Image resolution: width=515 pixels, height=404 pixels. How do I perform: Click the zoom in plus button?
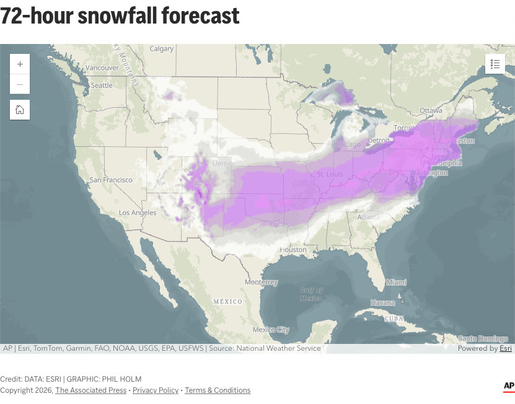20,64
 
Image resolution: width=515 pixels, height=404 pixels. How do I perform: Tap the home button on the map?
20,110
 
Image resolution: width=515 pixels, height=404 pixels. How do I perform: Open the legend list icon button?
495,64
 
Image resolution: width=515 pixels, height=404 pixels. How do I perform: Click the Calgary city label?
162,49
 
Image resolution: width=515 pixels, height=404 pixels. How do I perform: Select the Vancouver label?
102,68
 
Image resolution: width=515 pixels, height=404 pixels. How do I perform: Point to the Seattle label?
102,85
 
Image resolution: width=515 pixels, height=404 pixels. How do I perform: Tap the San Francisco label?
111,180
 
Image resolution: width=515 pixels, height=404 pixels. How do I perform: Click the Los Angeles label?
138,213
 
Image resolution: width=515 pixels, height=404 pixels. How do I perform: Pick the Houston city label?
293,250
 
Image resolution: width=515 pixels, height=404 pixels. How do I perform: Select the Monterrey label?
261,282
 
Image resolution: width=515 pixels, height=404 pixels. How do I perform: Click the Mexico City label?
271,330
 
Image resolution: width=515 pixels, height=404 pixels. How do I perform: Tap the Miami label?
397,282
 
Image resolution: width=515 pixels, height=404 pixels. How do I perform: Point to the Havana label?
383,302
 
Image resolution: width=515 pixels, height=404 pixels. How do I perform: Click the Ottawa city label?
431,110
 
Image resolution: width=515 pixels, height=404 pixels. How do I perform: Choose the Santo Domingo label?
483,338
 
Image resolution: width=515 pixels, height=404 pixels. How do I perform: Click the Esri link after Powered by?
506,348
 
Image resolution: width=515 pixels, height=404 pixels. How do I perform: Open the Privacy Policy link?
156,390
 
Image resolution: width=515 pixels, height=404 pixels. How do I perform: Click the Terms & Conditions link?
218,390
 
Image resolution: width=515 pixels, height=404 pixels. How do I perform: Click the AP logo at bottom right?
508,387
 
